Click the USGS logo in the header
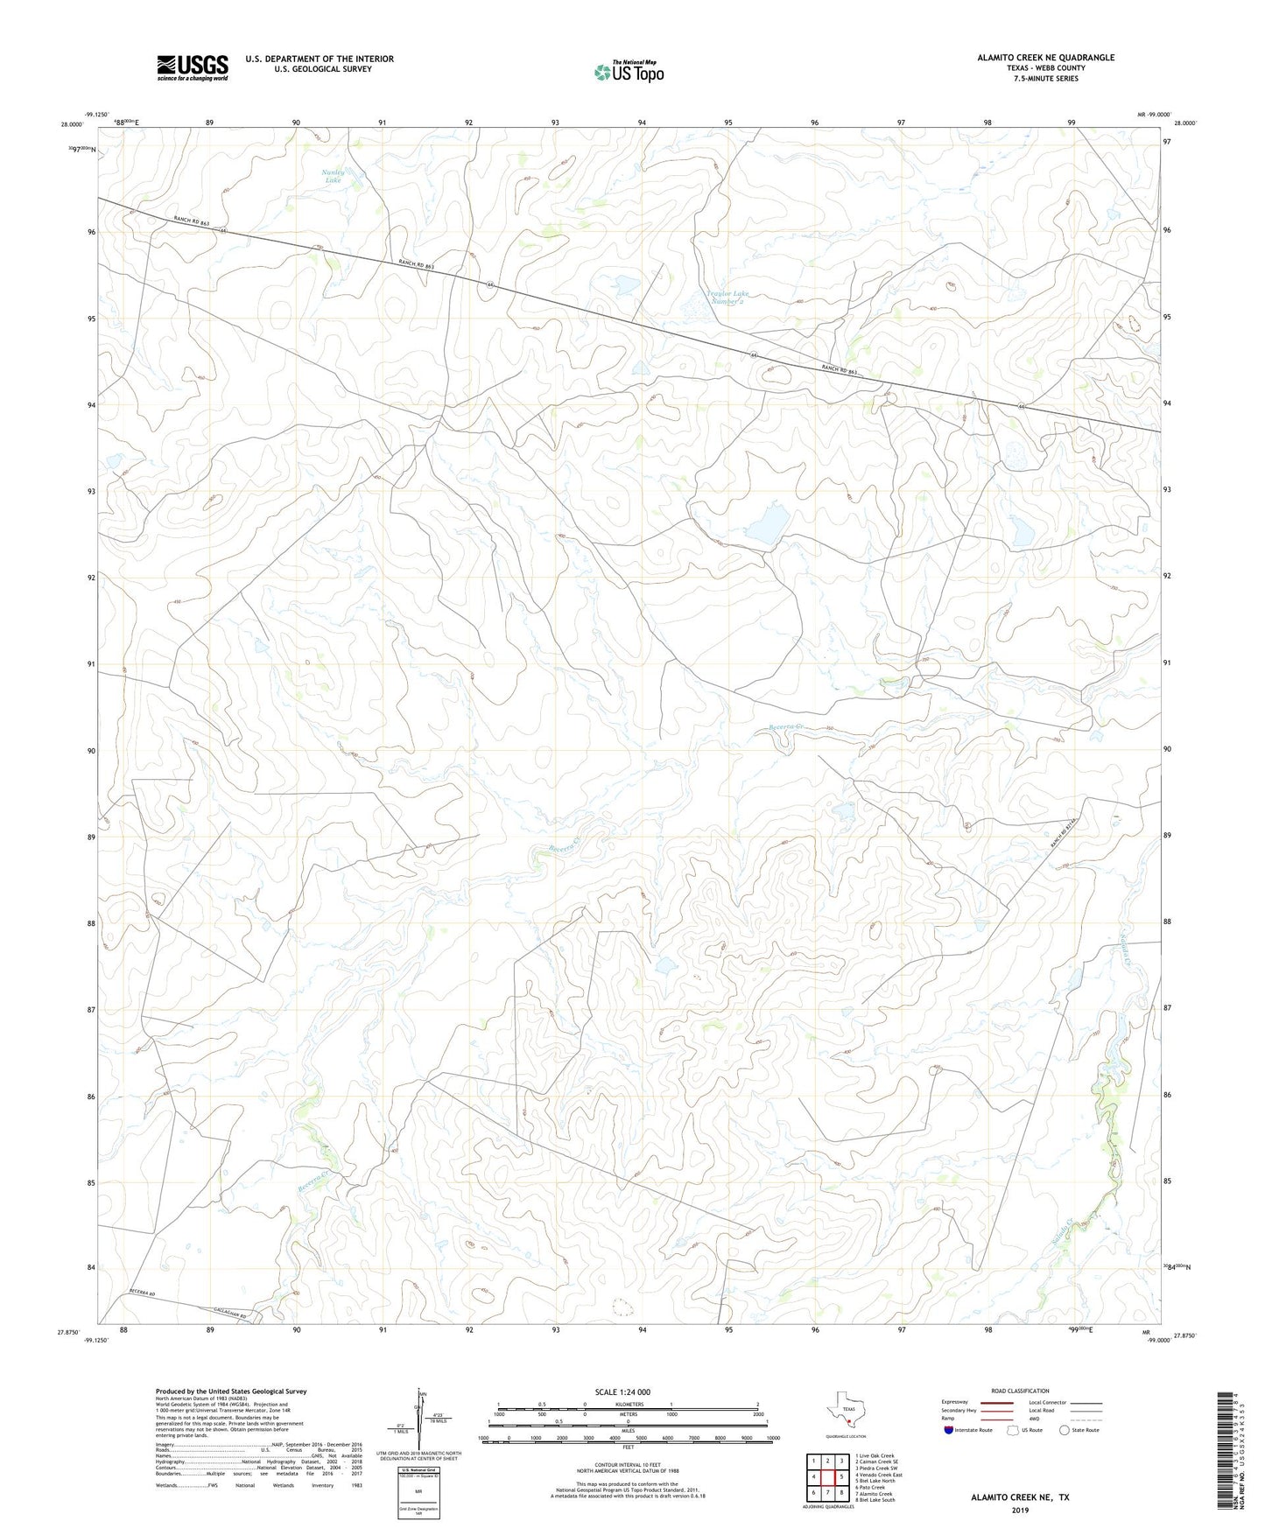(193, 67)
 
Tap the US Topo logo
(627, 72)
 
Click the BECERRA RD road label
(142, 1292)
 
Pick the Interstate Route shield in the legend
(949, 1430)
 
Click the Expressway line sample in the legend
(996, 1402)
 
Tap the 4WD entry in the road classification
(1036, 1419)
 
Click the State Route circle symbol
(1064, 1430)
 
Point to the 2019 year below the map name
(1020, 1510)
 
